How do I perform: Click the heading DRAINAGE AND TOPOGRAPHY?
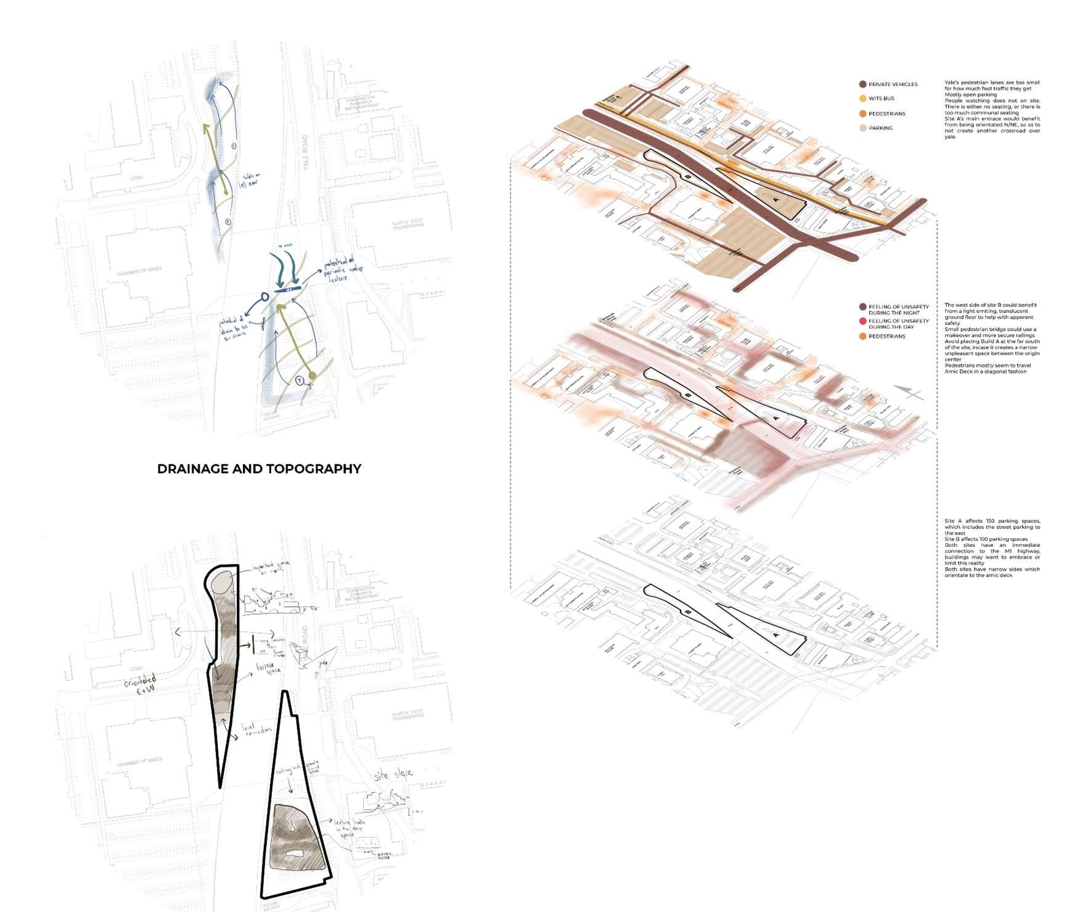click(259, 469)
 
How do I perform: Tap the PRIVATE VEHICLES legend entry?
click(892, 84)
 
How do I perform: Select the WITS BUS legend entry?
click(881, 99)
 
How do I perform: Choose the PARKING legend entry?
click(880, 128)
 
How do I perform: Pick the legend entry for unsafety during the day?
click(898, 324)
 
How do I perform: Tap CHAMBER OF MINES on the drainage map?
click(139, 270)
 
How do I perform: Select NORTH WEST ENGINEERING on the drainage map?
click(407, 224)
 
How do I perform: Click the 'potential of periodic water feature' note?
click(342, 269)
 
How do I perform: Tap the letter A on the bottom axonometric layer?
click(776, 635)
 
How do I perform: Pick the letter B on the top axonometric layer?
click(687, 176)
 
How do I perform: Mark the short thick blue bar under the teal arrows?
click(287, 288)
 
